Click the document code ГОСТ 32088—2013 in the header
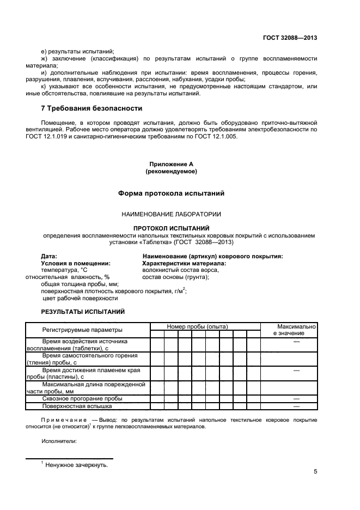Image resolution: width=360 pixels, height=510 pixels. (291, 38)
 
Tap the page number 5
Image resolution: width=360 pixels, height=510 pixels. (315, 472)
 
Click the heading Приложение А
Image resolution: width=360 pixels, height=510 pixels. (171, 164)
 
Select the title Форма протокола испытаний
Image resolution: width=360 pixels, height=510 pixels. (171, 193)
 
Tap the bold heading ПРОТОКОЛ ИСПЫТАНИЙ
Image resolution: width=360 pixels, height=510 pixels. (171, 228)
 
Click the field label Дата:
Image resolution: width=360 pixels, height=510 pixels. (49, 256)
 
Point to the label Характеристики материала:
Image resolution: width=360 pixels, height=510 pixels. (184, 263)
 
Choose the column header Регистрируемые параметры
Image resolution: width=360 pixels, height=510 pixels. (82, 330)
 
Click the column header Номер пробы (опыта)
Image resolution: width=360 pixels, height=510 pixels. (197, 326)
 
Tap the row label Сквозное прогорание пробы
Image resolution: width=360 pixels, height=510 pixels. (82, 398)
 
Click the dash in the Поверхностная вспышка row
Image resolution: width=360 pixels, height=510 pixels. (297, 406)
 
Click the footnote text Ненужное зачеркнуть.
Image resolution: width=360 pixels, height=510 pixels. (76, 465)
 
